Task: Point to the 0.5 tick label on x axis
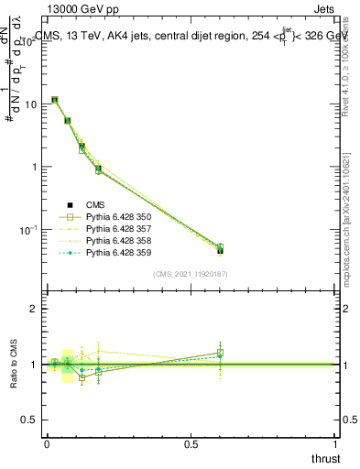(x=191, y=443)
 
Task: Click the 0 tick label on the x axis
(x=47, y=443)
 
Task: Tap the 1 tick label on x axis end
(x=336, y=443)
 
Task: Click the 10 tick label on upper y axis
(x=29, y=104)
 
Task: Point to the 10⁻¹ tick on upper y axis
(x=27, y=229)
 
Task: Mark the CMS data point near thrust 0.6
(x=220, y=250)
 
